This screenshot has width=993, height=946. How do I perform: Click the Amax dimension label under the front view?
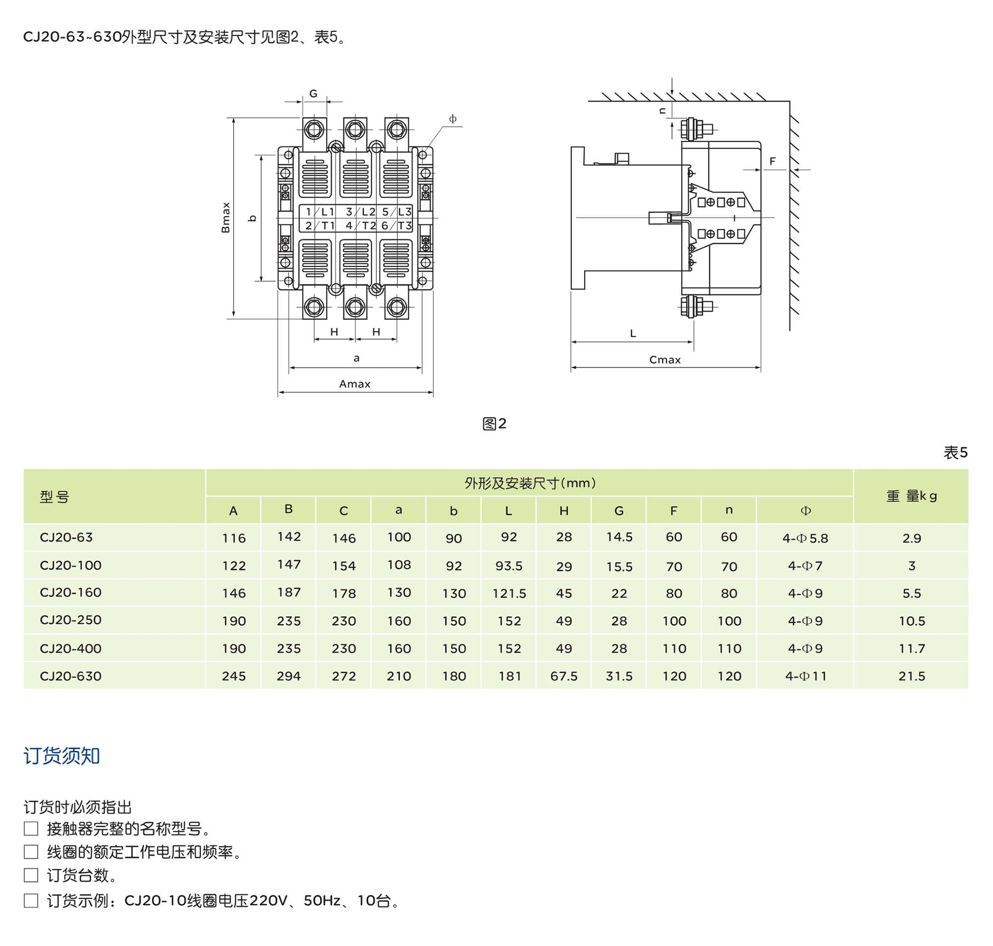click(x=355, y=384)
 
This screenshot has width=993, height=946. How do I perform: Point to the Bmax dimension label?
click(x=225, y=218)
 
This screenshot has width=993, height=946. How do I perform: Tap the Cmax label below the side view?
click(x=664, y=360)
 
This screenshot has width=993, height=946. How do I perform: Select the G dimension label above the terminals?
click(x=313, y=94)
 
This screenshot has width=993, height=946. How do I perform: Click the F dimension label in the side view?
click(x=772, y=161)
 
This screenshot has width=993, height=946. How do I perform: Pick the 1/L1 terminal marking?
click(x=320, y=212)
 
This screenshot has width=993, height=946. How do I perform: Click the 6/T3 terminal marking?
click(x=397, y=225)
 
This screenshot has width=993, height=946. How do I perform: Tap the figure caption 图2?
click(x=494, y=424)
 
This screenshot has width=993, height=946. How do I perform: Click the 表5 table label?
click(x=955, y=452)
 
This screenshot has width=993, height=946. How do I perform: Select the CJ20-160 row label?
click(x=71, y=592)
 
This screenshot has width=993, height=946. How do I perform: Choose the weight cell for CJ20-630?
click(x=912, y=676)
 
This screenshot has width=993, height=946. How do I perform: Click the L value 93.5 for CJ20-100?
click(x=508, y=566)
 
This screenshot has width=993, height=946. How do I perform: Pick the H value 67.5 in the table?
click(x=564, y=676)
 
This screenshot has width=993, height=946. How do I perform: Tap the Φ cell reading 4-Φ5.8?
click(x=805, y=538)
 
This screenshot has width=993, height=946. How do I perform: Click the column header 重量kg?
click(x=912, y=496)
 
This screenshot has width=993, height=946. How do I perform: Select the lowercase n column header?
click(x=729, y=510)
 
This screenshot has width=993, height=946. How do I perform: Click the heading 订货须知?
click(x=62, y=756)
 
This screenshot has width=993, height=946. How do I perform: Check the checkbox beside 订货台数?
click(x=31, y=875)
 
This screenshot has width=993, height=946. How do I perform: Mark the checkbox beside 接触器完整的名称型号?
click(x=31, y=828)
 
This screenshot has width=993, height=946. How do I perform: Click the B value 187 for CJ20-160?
click(x=288, y=592)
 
